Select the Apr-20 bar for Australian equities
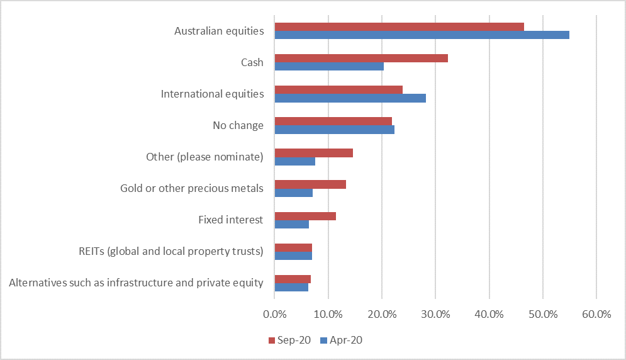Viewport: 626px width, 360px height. tap(422, 35)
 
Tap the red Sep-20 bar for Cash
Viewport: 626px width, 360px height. tap(361, 58)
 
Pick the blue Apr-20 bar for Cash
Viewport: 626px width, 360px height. tap(329, 66)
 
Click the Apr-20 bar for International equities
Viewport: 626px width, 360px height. tap(350, 98)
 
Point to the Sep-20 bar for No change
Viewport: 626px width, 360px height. tap(333, 121)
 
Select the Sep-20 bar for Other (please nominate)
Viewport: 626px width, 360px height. tap(313, 153)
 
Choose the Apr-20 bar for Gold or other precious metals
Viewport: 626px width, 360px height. tap(293, 193)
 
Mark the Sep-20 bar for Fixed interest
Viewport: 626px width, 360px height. tap(305, 216)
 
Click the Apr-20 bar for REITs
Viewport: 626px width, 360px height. tap(293, 256)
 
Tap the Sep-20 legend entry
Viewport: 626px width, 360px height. tap(289, 340)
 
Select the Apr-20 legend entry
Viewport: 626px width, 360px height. tap(342, 340)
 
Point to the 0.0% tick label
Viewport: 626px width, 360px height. tap(274, 314)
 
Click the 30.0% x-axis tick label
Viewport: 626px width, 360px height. tap(435, 314)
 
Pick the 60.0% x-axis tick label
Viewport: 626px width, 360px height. tap(596, 314)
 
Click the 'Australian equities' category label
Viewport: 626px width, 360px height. tap(219, 31)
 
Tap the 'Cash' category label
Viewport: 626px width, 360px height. tap(252, 62)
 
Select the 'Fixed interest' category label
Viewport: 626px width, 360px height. tap(230, 220)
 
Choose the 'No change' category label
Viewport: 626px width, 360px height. tap(238, 125)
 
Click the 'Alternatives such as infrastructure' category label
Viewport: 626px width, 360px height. tap(136, 283)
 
